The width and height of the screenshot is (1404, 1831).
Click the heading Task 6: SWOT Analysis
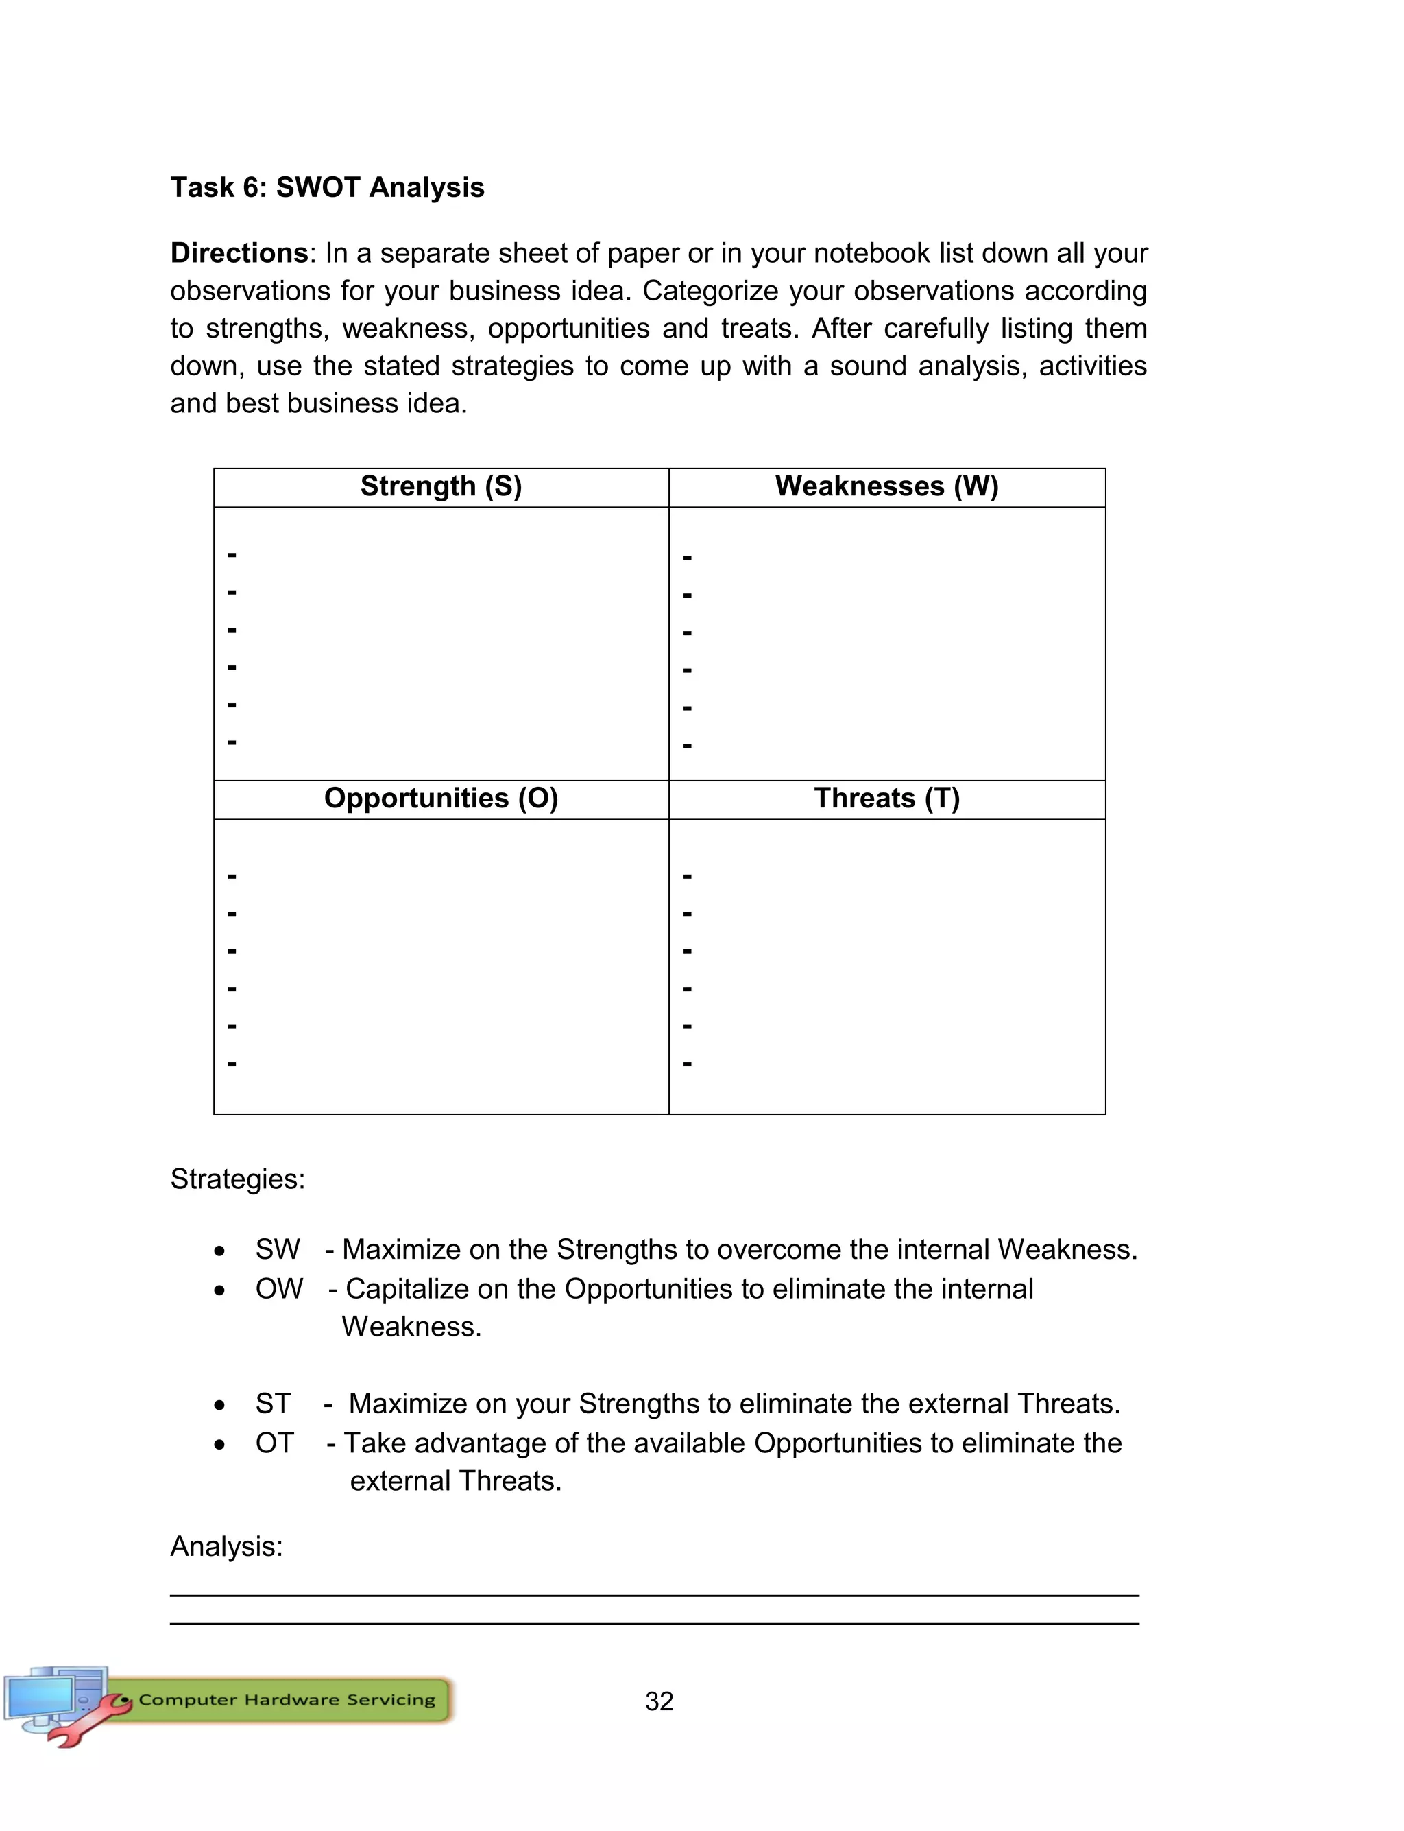(327, 187)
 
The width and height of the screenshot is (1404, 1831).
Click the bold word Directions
(239, 252)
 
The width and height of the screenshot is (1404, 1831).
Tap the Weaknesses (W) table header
(886, 486)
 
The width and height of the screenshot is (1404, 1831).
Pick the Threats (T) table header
(886, 799)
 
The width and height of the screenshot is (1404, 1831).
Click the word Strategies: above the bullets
(237, 1179)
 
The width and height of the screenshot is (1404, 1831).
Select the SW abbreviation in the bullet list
(277, 1249)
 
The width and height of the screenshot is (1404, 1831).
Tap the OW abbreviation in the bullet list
(278, 1288)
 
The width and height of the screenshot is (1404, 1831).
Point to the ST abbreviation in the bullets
(272, 1403)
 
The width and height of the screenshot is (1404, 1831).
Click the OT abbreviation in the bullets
(274, 1443)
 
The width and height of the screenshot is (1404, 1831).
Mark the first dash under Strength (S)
(232, 554)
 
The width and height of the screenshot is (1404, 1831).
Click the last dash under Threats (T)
(687, 1064)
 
